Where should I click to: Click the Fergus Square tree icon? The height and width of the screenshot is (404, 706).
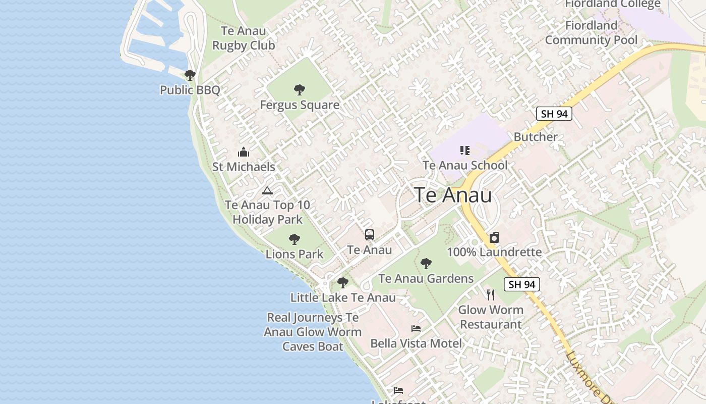(300, 90)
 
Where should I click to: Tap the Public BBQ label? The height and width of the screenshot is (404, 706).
(190, 90)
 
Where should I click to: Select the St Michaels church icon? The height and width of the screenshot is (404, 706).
(244, 152)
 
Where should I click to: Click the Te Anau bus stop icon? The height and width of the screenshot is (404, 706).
(370, 235)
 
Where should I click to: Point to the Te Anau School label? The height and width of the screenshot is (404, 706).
(465, 165)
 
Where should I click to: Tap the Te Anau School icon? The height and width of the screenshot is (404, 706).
(465, 150)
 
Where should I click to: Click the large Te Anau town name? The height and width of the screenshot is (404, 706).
(453, 195)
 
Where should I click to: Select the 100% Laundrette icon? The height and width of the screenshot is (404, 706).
(494, 238)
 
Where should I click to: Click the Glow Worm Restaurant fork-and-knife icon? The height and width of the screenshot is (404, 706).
(491, 295)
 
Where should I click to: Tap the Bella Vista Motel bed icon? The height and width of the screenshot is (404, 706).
(416, 329)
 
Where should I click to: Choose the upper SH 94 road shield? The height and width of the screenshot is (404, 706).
(554, 114)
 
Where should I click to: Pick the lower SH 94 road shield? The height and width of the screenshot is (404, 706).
(522, 284)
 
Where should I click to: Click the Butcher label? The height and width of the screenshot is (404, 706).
(536, 137)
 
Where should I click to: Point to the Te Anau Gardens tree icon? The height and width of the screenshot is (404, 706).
(426, 264)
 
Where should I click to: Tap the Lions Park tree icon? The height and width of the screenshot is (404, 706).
(295, 239)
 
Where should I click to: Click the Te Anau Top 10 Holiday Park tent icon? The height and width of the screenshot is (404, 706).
(267, 190)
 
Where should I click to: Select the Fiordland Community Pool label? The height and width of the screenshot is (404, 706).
(591, 32)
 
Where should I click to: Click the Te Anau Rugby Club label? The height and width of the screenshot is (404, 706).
(244, 38)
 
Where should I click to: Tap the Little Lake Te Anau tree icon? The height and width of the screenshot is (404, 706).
(343, 283)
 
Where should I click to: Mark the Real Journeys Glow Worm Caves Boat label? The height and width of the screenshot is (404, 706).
(313, 332)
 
